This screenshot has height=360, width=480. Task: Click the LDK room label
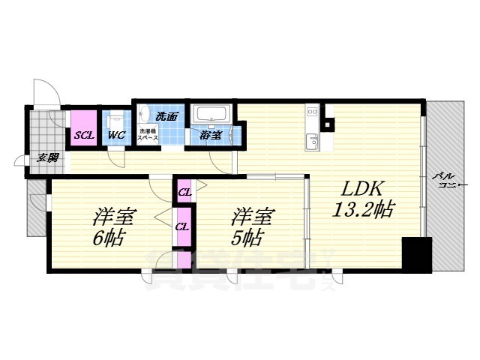(x=365, y=187)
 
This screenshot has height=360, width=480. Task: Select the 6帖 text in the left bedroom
(x=109, y=240)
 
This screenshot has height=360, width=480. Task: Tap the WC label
(x=115, y=136)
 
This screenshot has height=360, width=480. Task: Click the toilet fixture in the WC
(x=115, y=120)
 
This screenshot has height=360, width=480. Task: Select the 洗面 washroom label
(x=166, y=116)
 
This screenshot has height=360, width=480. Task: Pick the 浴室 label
(x=211, y=136)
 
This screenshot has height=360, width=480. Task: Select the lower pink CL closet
(x=181, y=226)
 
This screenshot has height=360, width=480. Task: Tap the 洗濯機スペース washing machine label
(x=147, y=136)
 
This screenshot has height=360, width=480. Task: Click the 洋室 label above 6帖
(x=113, y=217)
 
